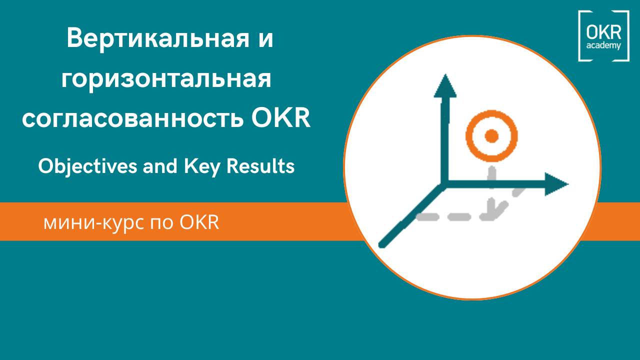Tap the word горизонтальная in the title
pos(166,80)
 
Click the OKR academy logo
pos(603,36)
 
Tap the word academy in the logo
pos(603,45)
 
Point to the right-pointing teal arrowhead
pos(556,184)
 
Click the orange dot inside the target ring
pos(492,135)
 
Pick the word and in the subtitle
pos(156,166)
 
